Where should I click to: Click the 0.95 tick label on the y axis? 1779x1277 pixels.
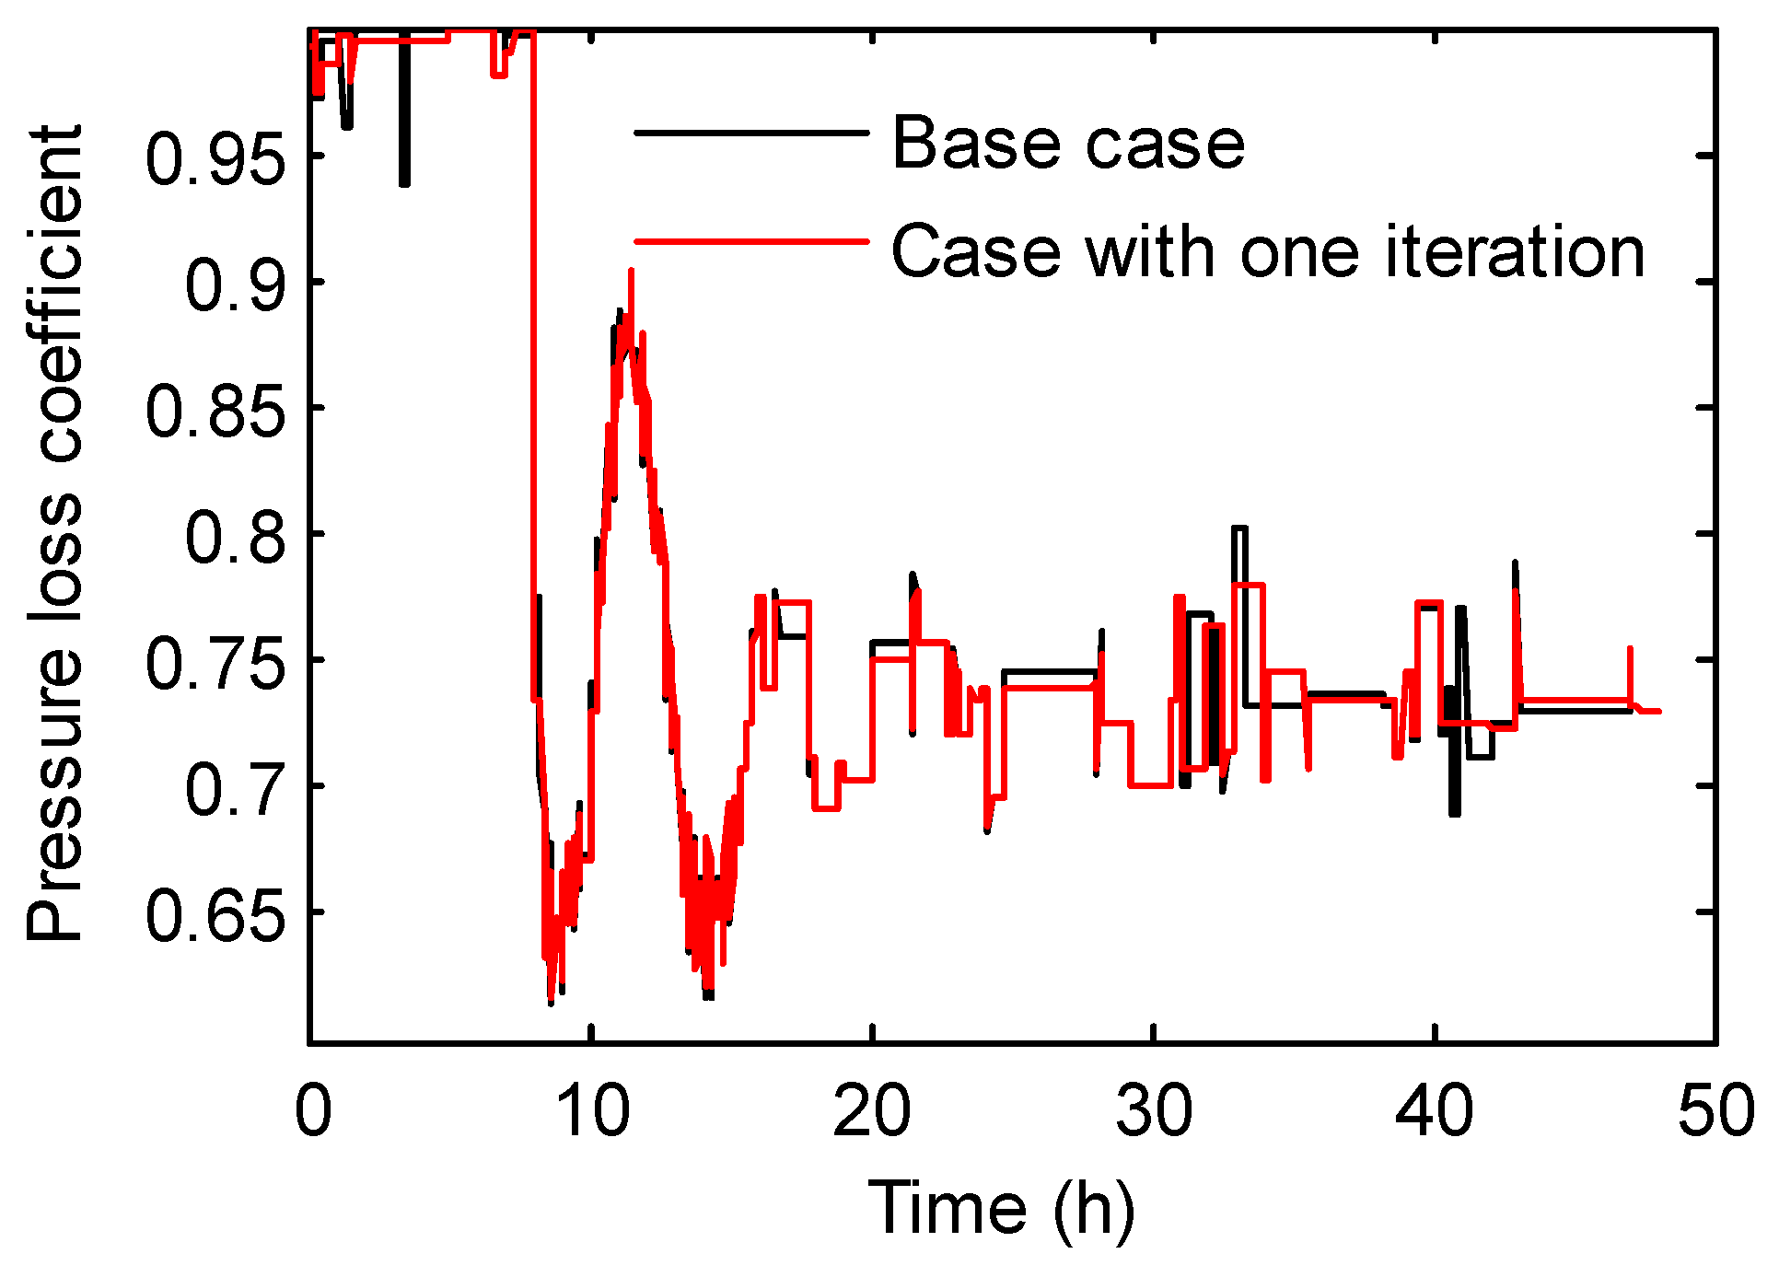[215, 158]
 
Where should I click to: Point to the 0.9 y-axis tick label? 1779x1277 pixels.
[236, 284]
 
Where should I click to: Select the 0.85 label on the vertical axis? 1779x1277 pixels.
[215, 411]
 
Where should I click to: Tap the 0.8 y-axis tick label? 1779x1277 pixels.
[236, 537]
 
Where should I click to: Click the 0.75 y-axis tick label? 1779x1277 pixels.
[215, 663]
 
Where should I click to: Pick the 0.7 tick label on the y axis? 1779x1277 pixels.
[236, 789]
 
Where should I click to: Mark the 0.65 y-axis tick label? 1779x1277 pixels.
[215, 915]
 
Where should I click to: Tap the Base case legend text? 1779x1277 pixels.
[1068, 144]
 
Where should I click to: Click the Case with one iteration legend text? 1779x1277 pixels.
[1267, 251]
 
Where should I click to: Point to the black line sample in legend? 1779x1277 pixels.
[751, 134]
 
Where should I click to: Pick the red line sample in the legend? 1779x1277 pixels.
[751, 241]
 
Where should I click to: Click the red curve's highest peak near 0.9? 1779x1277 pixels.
[631, 271]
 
